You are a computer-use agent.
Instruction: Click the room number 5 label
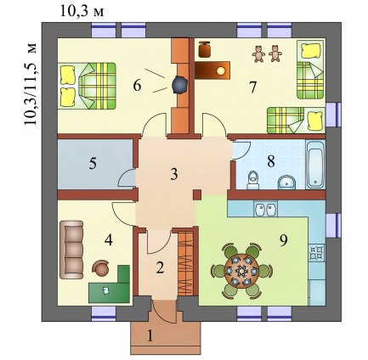[x=93, y=163]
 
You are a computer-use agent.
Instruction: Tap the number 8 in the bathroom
[x=271, y=161]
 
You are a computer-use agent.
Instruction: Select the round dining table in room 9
[x=241, y=271]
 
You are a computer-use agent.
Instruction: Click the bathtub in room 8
[x=315, y=165]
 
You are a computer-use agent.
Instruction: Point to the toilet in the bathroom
[x=252, y=181]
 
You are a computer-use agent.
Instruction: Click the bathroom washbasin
[x=287, y=183]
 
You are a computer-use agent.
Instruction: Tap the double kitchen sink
[x=265, y=209]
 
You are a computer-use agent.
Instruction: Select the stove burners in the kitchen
[x=317, y=253]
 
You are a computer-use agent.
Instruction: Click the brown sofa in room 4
[x=71, y=250]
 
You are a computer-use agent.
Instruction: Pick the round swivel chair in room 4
[x=101, y=268]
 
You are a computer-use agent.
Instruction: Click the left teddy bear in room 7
[x=258, y=53]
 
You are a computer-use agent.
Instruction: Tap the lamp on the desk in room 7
[x=220, y=70]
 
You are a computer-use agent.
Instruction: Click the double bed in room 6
[x=87, y=86]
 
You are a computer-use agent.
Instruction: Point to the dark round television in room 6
[x=179, y=85]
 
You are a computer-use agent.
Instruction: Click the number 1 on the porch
[x=150, y=337]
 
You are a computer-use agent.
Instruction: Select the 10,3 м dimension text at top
[x=82, y=12]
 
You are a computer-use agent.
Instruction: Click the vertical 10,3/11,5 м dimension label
[x=31, y=84]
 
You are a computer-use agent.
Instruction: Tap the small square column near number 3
[x=197, y=195]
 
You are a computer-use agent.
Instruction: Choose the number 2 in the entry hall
[x=160, y=267]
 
